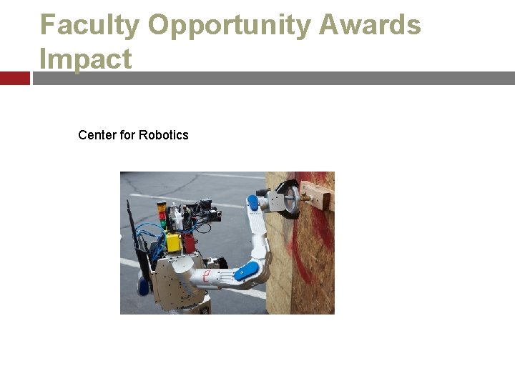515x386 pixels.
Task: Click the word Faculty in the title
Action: (89, 25)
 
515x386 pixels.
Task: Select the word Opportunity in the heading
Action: (228, 25)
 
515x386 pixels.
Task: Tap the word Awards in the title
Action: (370, 25)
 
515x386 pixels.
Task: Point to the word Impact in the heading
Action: (86, 59)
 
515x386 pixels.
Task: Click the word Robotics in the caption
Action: (163, 135)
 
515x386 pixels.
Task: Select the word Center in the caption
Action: (97, 135)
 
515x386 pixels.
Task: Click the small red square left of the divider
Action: (14, 78)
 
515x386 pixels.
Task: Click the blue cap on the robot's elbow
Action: (247, 271)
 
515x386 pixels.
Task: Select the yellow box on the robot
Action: (173, 242)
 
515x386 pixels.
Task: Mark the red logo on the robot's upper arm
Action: (207, 276)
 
